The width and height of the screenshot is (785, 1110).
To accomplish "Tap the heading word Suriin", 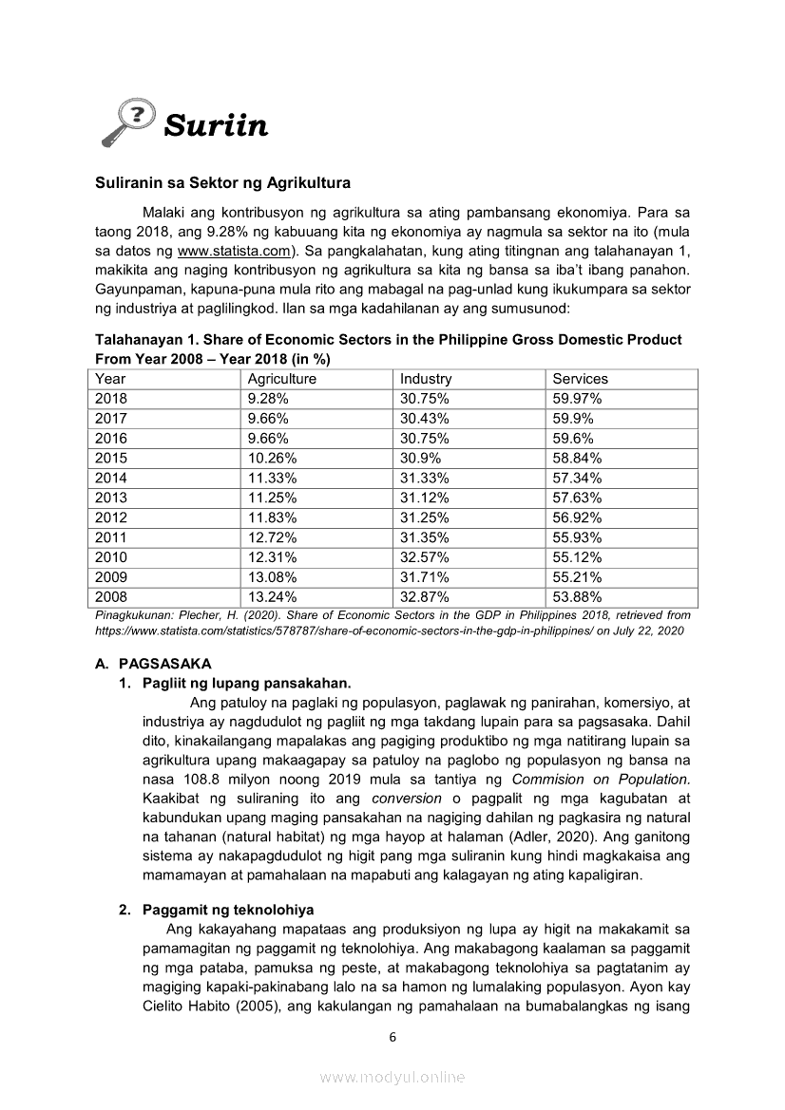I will [x=216, y=125].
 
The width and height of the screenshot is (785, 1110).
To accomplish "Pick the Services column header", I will [x=581, y=379].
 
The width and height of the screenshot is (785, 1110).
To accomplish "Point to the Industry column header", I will [x=426, y=379].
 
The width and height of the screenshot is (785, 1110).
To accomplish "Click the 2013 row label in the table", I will [x=111, y=498].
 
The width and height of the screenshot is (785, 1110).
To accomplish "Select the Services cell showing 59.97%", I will [x=577, y=399].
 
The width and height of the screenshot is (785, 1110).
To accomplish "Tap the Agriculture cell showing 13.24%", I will [x=272, y=597].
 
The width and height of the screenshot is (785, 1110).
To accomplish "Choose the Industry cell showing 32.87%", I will [x=425, y=597].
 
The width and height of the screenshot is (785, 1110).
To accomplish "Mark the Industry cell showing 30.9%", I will [x=420, y=458].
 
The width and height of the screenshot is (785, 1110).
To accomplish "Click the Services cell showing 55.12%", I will [x=577, y=557].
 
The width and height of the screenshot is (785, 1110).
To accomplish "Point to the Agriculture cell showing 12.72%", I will [x=272, y=537].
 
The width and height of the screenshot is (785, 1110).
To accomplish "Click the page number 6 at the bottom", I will [x=392, y=1037].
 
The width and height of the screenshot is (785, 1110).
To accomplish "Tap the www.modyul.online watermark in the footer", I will [x=392, y=1077].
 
